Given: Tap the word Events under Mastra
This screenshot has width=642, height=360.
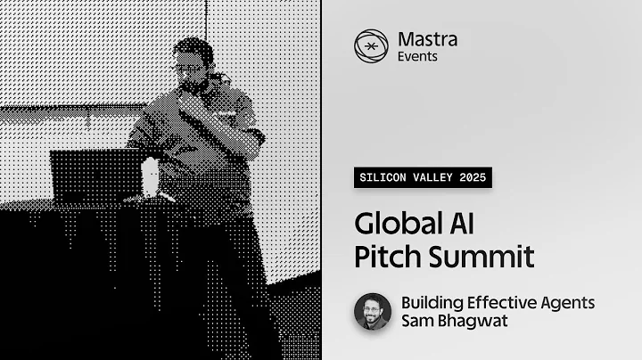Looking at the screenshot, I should pyautogui.click(x=417, y=56).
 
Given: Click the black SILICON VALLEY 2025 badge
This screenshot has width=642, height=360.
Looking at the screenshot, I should pyautogui.click(x=422, y=177).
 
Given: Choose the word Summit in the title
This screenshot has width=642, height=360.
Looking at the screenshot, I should pyautogui.click(x=482, y=257).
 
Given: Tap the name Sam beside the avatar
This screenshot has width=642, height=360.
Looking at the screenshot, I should pyautogui.click(x=416, y=321).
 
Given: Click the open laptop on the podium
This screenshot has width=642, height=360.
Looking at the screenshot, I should pyautogui.click(x=95, y=173).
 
